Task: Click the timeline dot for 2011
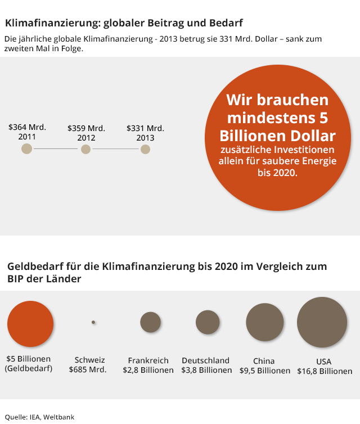(26, 149)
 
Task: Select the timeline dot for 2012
(85, 149)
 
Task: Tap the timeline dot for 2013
(145, 149)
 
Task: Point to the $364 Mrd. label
(27, 127)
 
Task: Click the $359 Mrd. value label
(86, 128)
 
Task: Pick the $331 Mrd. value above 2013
(145, 128)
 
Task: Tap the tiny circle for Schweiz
(93, 322)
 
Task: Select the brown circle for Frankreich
(151, 322)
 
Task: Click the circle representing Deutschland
(208, 322)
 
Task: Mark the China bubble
(265, 322)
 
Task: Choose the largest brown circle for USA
(322, 322)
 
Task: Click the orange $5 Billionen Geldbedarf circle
(30, 323)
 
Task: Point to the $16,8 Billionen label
(325, 371)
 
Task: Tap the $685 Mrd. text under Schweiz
(87, 370)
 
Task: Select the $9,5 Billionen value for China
(265, 371)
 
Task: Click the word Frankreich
(148, 360)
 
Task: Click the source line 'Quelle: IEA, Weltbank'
(39, 417)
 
